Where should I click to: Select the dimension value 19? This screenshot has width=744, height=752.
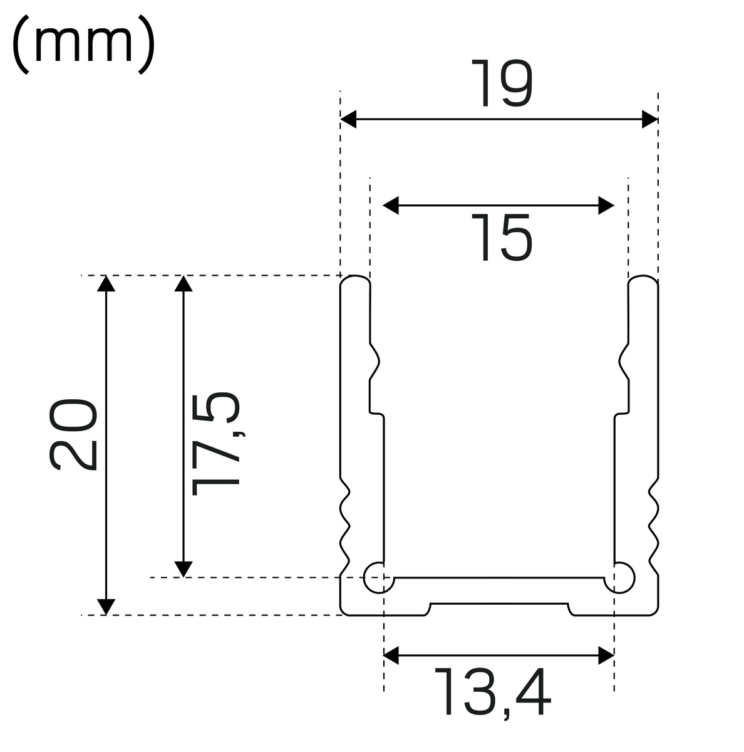(501, 83)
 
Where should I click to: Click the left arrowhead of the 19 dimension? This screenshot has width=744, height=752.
(348, 119)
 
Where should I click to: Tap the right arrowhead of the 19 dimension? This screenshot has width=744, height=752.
(650, 119)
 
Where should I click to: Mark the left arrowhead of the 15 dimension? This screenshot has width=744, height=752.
(391, 205)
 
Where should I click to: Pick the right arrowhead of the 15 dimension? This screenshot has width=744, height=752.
(607, 205)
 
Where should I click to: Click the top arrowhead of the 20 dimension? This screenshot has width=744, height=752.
(106, 283)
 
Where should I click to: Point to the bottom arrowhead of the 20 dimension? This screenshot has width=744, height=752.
(106, 607)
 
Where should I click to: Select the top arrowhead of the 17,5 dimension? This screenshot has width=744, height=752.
(183, 283)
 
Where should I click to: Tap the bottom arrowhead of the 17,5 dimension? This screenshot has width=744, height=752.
(183, 568)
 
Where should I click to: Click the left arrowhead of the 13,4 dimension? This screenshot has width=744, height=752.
(391, 655)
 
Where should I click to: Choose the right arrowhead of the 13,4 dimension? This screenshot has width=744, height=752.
(606, 655)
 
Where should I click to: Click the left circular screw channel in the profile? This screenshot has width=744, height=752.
(378, 577)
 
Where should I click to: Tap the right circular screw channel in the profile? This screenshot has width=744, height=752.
(621, 577)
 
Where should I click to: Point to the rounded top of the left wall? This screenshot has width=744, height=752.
(355, 279)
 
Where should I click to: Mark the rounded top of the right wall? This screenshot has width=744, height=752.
(644, 279)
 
